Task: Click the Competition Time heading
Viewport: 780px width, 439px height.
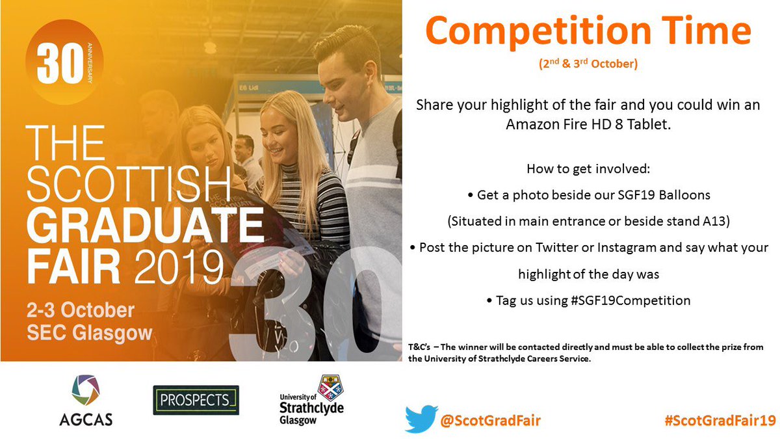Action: (x=589, y=31)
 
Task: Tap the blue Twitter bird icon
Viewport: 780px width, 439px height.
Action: (x=421, y=419)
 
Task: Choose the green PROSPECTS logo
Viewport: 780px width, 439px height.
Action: (x=196, y=401)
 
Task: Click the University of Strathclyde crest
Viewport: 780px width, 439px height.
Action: (x=330, y=390)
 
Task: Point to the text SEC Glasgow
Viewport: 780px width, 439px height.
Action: (x=89, y=333)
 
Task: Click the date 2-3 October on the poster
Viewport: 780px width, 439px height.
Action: (x=81, y=309)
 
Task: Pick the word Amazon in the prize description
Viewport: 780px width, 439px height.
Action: (x=531, y=124)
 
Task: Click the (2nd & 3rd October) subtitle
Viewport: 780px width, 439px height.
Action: (x=588, y=64)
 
